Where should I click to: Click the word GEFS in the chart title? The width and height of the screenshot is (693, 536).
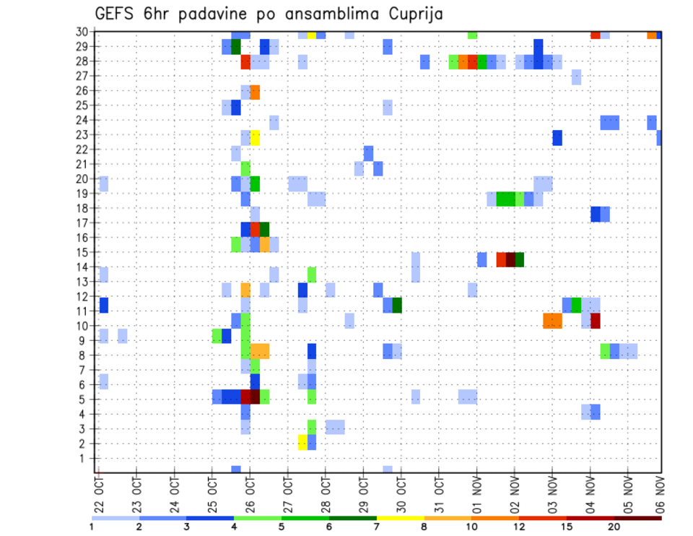115,14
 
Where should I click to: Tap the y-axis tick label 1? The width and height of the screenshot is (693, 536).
84,458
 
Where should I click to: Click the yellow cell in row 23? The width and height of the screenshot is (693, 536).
255,137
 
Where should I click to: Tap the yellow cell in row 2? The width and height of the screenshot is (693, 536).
302,442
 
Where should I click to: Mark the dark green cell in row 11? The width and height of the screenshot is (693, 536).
397,305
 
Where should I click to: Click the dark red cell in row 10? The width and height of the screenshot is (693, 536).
596,320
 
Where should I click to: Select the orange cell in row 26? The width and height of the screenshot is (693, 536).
255,92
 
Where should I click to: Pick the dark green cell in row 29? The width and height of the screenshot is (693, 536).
236,47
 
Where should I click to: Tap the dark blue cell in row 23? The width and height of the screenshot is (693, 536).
557,137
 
